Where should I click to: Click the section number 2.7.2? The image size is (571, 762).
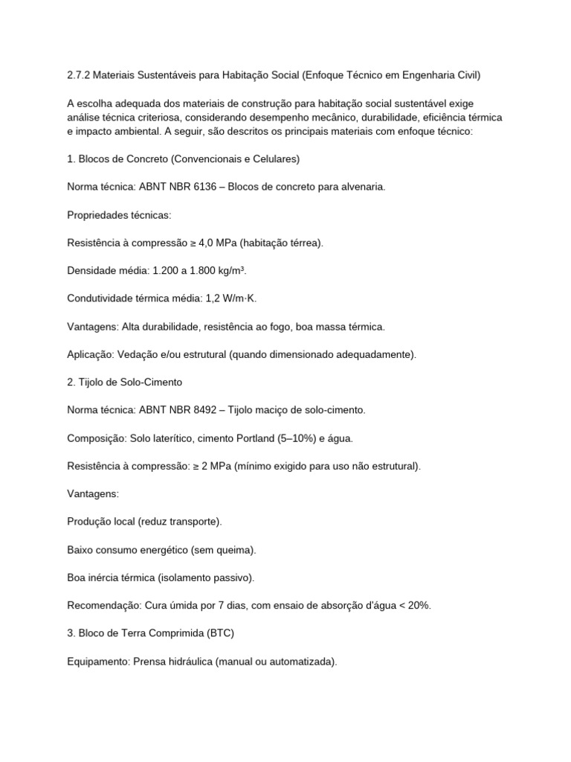[x=78, y=75]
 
